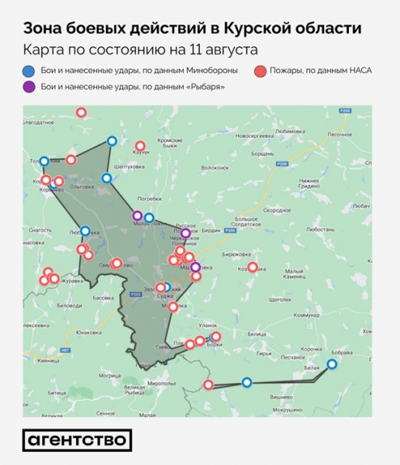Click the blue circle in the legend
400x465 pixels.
coord(29,71)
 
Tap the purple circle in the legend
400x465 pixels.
coord(29,87)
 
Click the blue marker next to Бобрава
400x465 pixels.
coord(332,363)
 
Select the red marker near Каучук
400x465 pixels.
coord(140,146)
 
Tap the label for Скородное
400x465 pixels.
coord(277,210)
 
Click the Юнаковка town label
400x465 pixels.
coord(88,332)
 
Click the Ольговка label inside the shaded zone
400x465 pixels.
coord(81,186)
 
